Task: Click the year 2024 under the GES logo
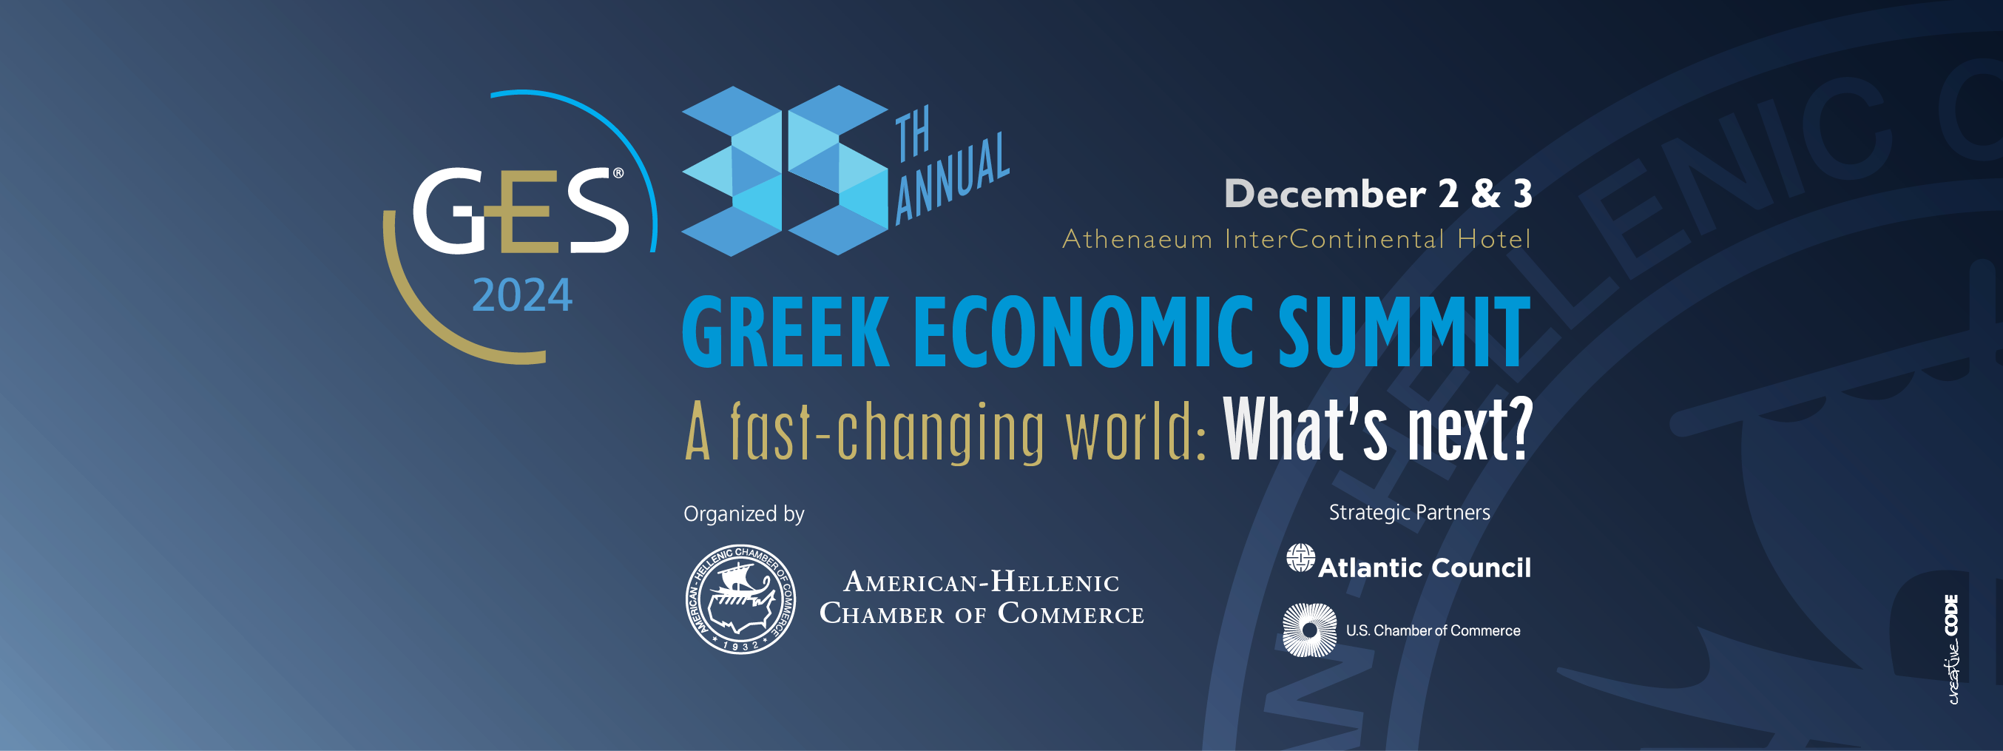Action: point(521,295)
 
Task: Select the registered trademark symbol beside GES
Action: point(618,173)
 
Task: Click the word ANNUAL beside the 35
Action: point(952,179)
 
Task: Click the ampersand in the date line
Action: point(1485,194)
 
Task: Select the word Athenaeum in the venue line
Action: point(1137,239)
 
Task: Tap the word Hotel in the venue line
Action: point(1493,239)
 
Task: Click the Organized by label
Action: point(743,514)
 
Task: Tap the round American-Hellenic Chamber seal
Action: point(740,599)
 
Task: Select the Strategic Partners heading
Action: point(1409,512)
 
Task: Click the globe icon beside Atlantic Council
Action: point(1300,557)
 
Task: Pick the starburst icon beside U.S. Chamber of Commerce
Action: point(1309,630)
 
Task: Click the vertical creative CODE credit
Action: point(1952,649)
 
